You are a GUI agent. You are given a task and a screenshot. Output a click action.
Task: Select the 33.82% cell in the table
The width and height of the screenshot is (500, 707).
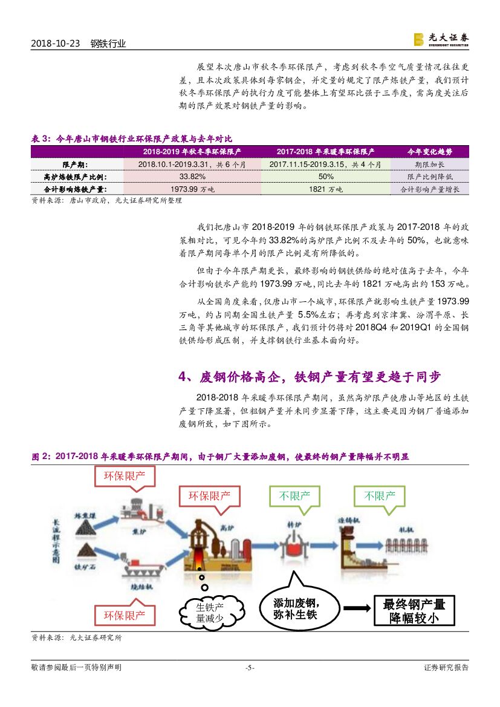[x=192, y=177]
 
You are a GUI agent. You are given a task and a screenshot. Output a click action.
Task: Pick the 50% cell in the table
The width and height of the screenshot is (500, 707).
[x=326, y=177]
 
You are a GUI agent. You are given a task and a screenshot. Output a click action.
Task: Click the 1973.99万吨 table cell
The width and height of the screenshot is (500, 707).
[x=192, y=189]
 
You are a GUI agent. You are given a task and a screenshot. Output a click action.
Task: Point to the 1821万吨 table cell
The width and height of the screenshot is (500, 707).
[x=326, y=189]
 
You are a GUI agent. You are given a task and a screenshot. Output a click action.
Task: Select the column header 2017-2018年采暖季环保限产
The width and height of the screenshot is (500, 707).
[x=326, y=152]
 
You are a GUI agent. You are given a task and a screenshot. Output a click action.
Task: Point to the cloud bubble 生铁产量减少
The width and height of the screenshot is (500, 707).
[x=210, y=612]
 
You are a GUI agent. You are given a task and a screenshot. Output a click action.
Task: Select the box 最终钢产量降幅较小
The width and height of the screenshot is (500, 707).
[x=414, y=610]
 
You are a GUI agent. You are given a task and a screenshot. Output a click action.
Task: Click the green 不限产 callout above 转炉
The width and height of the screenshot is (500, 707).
[x=294, y=497]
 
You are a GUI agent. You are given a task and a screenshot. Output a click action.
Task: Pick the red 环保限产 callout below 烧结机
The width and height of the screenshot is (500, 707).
[x=125, y=616]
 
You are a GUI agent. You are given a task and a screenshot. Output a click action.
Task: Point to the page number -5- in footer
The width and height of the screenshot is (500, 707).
[x=250, y=668]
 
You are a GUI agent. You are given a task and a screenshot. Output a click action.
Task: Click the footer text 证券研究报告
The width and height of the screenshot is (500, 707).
[x=446, y=668]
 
